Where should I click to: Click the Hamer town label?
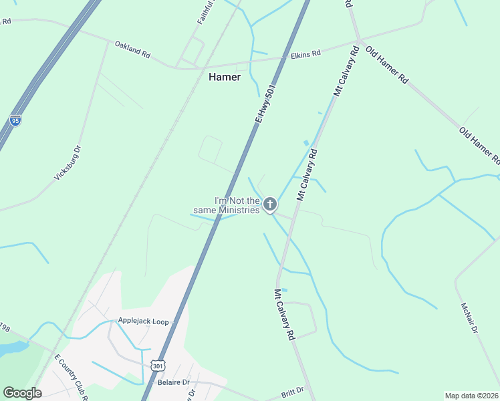[x=225, y=77]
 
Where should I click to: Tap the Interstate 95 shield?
[x=15, y=120]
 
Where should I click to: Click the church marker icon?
[x=269, y=204]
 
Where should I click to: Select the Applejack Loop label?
[x=143, y=321]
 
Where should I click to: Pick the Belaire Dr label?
[x=173, y=383]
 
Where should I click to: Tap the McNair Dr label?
[x=469, y=318]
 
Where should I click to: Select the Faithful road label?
[x=206, y=12]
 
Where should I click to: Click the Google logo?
[x=22, y=393]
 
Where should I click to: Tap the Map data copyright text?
[x=471, y=396]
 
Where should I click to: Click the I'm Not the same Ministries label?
[x=236, y=205]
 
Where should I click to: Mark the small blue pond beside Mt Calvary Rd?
[x=306, y=142]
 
